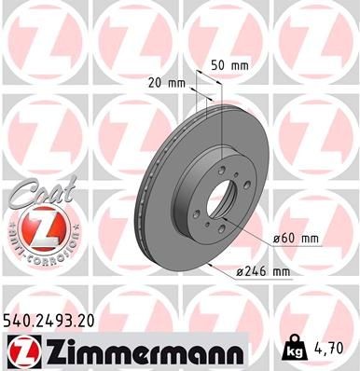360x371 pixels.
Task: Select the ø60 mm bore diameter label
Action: click(x=297, y=239)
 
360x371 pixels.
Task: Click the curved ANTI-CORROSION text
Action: click(x=37, y=244)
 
